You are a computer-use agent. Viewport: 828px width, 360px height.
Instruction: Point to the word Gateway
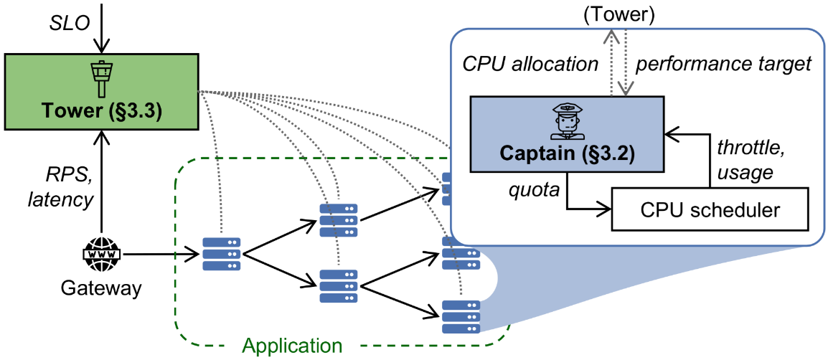[100, 290]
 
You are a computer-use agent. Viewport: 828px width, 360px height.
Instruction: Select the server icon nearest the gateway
[221, 254]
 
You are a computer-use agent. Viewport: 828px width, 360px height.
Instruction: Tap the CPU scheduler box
[710, 209]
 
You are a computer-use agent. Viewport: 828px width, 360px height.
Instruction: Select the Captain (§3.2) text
[567, 154]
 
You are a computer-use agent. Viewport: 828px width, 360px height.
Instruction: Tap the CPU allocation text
[530, 64]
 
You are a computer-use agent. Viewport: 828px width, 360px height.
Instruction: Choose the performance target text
[723, 64]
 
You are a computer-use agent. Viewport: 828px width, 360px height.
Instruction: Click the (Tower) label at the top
[620, 14]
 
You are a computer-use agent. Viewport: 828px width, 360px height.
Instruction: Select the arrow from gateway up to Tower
[101, 186]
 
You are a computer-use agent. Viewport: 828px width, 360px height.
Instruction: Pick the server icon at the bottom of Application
[461, 317]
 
